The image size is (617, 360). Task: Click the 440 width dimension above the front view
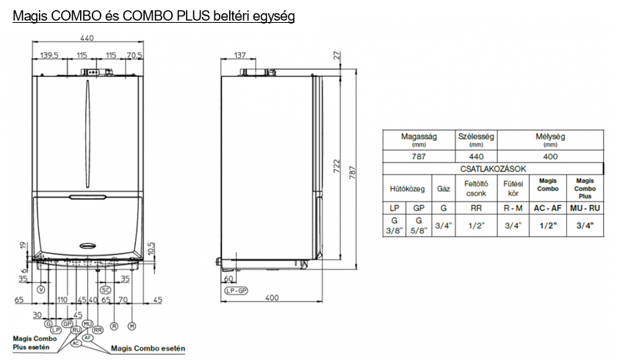tap(87, 37)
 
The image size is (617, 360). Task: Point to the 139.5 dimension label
tap(49, 55)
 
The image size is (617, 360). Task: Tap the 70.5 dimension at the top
tap(134, 55)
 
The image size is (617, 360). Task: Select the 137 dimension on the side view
tap(239, 55)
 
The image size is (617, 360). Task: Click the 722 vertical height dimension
tap(336, 167)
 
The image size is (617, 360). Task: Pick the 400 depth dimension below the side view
tap(272, 298)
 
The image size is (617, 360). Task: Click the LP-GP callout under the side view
tap(236, 291)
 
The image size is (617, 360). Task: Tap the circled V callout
tap(41, 289)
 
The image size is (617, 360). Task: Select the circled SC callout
tap(106, 290)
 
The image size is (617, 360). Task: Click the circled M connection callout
tap(131, 325)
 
